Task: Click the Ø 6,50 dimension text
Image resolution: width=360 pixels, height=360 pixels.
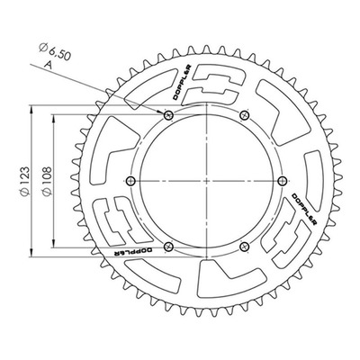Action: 55,51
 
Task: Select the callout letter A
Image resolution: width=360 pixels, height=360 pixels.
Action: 48,65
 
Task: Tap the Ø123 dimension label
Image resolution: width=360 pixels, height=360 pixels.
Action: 25,181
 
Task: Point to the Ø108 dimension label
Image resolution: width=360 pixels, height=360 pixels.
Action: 47,181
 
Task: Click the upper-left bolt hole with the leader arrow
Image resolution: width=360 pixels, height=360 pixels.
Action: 168,114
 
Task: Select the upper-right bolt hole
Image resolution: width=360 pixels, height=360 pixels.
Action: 245,114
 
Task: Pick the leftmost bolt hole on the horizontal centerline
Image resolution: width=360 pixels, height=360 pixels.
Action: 130,181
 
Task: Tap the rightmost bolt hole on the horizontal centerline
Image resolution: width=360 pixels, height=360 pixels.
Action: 283,181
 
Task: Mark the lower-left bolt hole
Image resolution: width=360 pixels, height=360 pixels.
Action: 168,247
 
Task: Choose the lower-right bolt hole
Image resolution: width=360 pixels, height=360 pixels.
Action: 245,247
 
